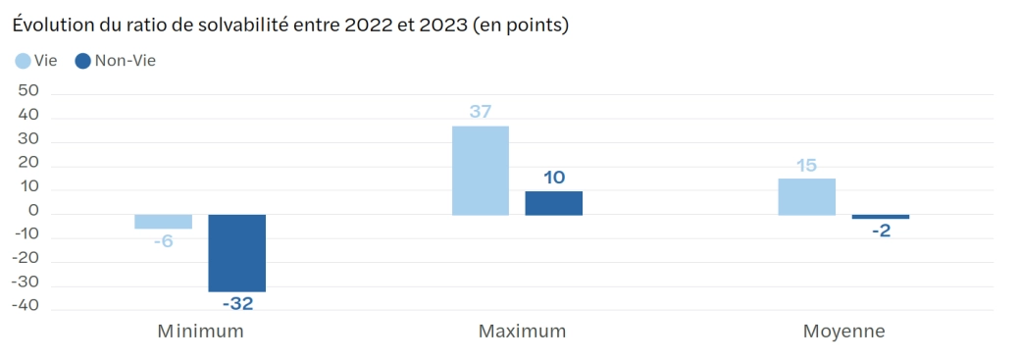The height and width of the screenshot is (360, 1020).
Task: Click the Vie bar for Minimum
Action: click(x=163, y=222)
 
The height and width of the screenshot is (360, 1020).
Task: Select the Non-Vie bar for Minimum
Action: click(x=236, y=252)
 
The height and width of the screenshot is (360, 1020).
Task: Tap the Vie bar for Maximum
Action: click(x=480, y=170)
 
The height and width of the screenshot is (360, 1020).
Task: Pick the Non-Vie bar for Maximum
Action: click(x=553, y=203)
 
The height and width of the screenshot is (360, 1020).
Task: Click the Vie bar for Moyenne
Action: click(x=806, y=196)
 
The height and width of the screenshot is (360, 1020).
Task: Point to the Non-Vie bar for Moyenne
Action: click(x=880, y=217)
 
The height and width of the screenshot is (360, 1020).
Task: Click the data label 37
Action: click(x=480, y=112)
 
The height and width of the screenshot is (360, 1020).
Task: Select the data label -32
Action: click(x=237, y=304)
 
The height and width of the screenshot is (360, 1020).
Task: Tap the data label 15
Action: click(x=806, y=166)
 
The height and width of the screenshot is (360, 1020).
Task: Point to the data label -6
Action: click(x=163, y=240)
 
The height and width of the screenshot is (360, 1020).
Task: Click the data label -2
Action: click(x=880, y=231)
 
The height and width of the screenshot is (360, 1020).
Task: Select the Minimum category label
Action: click(x=200, y=332)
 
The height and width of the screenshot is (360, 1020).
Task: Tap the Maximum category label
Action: click(x=522, y=332)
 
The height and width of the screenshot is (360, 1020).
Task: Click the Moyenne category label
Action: click(x=843, y=332)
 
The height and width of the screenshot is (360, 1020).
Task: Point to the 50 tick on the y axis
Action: click(x=28, y=90)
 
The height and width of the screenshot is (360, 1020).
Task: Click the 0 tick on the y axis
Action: click(x=33, y=210)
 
